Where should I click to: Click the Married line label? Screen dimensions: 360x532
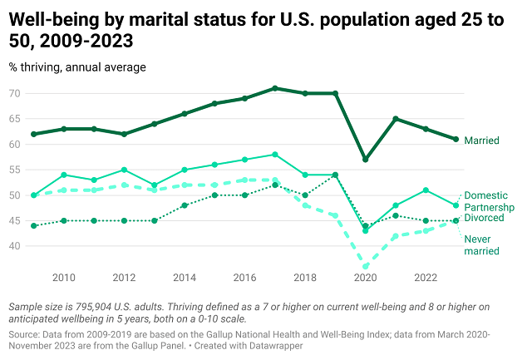click(x=481, y=141)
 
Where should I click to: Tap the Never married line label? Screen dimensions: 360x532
click(x=482, y=244)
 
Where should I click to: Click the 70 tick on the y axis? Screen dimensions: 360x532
click(x=16, y=93)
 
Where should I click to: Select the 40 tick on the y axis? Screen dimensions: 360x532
click(x=16, y=246)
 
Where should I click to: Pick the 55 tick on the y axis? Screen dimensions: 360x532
click(x=16, y=170)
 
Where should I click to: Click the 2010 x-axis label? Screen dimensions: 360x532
click(x=64, y=277)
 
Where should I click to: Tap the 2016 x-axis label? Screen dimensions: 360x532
click(x=244, y=277)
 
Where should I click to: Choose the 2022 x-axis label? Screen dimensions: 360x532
click(x=426, y=277)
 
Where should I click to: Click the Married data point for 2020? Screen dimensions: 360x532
click(x=365, y=160)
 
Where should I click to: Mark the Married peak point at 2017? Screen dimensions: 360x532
click(x=274, y=88)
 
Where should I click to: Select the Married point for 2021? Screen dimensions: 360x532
click(x=396, y=119)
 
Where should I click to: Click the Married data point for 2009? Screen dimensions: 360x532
click(x=34, y=134)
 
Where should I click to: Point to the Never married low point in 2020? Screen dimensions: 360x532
click(x=365, y=267)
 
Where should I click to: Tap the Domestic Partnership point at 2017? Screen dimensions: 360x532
click(x=274, y=155)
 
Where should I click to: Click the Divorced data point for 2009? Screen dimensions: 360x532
click(x=34, y=225)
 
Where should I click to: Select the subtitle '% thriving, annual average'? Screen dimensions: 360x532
click(x=77, y=67)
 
